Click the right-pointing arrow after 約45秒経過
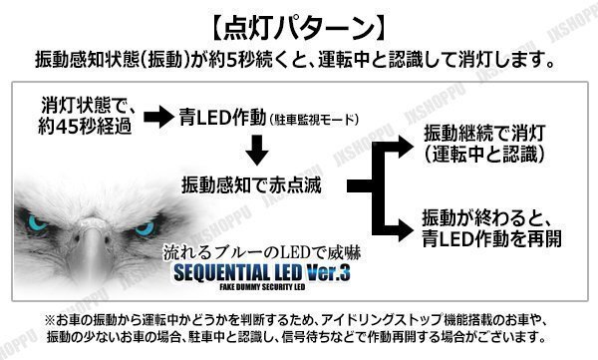point(157,118)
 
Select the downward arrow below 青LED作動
point(256,151)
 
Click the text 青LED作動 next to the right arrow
point(225,118)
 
